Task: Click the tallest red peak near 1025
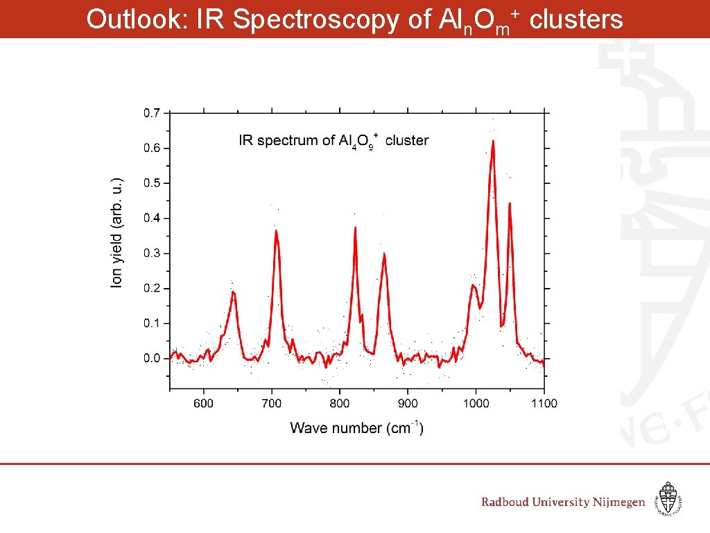(x=493, y=142)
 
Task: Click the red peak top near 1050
(x=510, y=204)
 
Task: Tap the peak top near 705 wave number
(x=276, y=230)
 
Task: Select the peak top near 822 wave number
(x=356, y=228)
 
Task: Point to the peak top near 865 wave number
(x=384, y=254)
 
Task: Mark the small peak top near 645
(x=234, y=292)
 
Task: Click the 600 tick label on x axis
(x=203, y=403)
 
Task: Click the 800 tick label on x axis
(x=340, y=403)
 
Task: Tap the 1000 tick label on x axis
(x=476, y=403)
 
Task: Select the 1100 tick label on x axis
(x=544, y=403)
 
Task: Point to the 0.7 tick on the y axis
(x=152, y=112)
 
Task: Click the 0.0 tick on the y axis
(x=152, y=358)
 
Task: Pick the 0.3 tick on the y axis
(x=152, y=253)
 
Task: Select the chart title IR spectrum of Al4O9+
(x=334, y=141)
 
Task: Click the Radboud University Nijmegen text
(x=563, y=502)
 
